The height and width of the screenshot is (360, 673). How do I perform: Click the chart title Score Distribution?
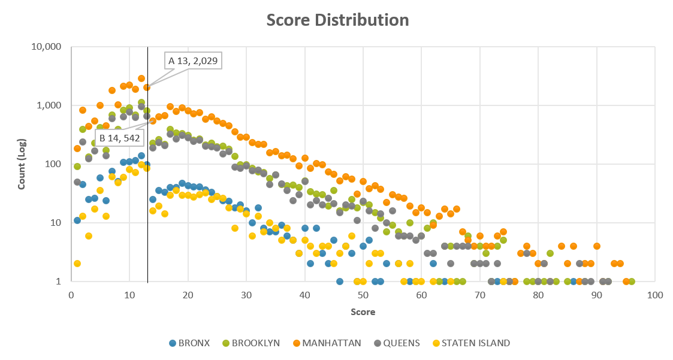(x=337, y=20)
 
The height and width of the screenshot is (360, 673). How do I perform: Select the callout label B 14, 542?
(x=119, y=138)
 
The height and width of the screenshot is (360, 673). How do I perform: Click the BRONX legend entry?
(x=189, y=343)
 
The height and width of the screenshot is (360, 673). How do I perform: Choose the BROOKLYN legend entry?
(x=251, y=343)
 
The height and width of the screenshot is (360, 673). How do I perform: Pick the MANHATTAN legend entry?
(x=327, y=343)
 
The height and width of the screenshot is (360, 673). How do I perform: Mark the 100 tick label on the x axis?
(x=654, y=295)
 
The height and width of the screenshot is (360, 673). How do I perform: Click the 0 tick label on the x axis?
(x=71, y=295)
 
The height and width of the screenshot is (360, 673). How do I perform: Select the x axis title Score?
(x=363, y=311)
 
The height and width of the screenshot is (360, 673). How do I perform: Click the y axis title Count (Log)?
(x=22, y=164)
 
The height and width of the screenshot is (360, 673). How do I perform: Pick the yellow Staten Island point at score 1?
(x=77, y=264)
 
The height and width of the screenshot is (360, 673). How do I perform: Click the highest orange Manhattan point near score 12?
(x=141, y=78)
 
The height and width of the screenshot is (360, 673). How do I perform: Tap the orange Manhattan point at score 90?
(x=596, y=246)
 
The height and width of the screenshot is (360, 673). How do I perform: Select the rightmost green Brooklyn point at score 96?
(x=632, y=282)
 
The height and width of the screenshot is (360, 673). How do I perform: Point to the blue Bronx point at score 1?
(x=77, y=220)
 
